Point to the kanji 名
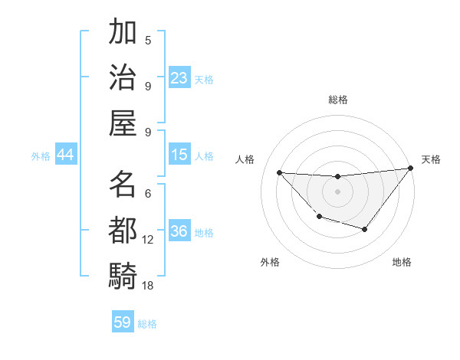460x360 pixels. [x=123, y=184]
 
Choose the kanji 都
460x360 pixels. [x=123, y=229]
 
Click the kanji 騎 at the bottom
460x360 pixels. [x=123, y=274]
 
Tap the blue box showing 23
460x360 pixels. [x=179, y=77]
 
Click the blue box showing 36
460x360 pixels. [x=179, y=232]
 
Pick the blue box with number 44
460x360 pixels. [x=65, y=155]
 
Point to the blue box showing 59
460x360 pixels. [x=123, y=322]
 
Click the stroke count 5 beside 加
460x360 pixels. [x=148, y=40]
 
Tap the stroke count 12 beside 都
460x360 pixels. [x=148, y=240]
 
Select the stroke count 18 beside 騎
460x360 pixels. [x=148, y=285]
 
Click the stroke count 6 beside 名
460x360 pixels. [x=148, y=195]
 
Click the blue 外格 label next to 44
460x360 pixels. [x=41, y=156]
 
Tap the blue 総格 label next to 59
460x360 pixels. [x=147, y=324]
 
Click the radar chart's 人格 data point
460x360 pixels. [x=280, y=172]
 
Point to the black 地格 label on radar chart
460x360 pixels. [x=402, y=262]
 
